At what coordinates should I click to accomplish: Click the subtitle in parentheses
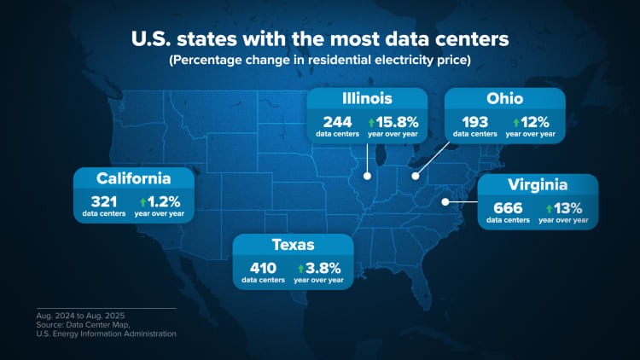tap(319, 61)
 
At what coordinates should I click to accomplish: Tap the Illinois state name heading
tap(367, 98)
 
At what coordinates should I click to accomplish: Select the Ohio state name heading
tap(504, 98)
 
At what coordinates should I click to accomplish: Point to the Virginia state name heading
tap(538, 185)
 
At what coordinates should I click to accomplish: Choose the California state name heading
tap(134, 178)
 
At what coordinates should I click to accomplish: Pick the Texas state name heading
tap(293, 246)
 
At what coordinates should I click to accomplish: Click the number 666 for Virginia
tap(507, 207)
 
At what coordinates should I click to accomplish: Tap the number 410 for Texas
tap(263, 268)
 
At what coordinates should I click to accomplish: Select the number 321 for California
tap(103, 201)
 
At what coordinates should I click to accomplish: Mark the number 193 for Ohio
tap(474, 121)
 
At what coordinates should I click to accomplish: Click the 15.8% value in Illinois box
tap(396, 121)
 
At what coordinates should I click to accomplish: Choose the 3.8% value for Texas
tap(324, 268)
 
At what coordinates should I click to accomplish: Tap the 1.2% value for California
tap(164, 201)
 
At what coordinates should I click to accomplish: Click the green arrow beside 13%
tap(549, 207)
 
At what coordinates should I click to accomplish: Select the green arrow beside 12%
tap(516, 121)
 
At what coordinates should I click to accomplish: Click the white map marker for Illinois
tap(367, 177)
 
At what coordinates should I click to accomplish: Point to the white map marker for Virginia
tap(445, 202)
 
